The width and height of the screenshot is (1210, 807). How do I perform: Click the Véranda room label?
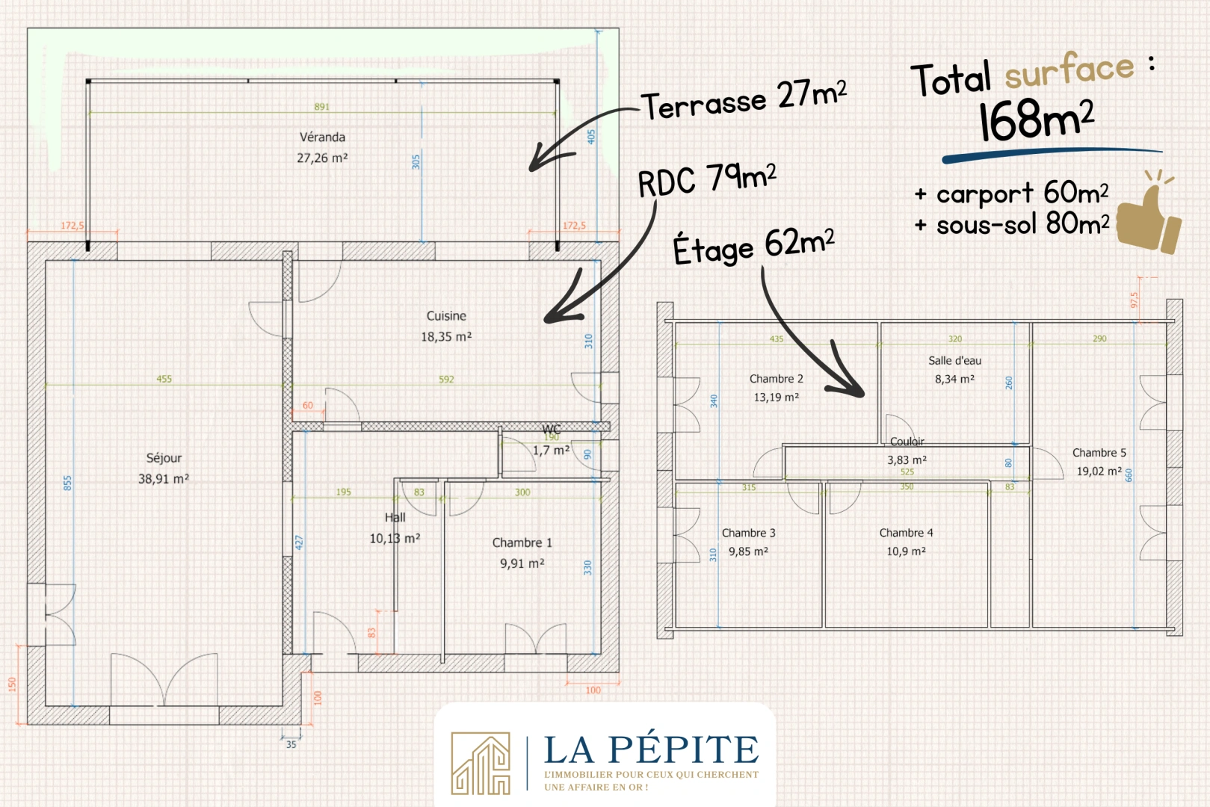coord(322,137)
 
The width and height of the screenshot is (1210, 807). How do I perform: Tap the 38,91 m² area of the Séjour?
coord(164,479)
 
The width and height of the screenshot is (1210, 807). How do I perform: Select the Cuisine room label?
coord(446,316)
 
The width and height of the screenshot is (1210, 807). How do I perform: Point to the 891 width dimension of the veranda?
coord(322,107)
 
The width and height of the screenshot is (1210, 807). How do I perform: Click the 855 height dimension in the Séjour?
coord(67,483)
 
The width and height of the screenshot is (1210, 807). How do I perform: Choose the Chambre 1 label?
coord(522,543)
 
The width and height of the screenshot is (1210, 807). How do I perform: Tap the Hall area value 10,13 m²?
coord(395,539)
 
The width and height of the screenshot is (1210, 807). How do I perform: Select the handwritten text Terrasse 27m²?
coord(744,100)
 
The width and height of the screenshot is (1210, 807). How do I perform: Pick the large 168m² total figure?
coord(1036,120)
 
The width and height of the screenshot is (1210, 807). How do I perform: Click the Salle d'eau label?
coord(955,361)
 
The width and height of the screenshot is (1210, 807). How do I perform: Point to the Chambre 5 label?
coord(1099,453)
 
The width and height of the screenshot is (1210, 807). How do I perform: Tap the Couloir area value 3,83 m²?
coord(907,460)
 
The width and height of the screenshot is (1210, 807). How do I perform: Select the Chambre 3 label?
coord(749,533)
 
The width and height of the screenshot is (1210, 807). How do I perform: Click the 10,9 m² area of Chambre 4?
coord(907,551)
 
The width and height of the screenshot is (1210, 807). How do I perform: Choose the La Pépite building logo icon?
coord(481,764)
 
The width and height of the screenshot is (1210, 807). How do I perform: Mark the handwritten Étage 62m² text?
coord(754,247)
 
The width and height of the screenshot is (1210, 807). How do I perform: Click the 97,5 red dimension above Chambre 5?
coord(1135,300)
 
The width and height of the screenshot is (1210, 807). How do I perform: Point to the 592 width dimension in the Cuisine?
coord(446,379)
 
